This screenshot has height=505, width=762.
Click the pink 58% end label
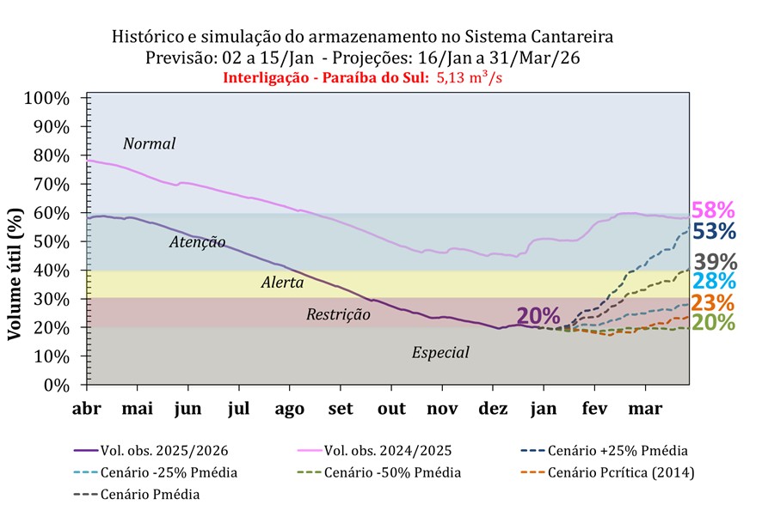pyautogui.click(x=714, y=210)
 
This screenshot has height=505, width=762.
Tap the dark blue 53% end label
pyautogui.click(x=714, y=231)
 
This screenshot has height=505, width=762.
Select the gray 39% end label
pyautogui.click(x=714, y=262)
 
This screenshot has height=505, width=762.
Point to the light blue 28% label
pyautogui.click(x=714, y=282)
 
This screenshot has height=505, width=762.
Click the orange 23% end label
pyautogui.click(x=714, y=302)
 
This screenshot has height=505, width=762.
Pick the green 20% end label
pyautogui.click(x=714, y=322)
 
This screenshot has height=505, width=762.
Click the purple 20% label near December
pyautogui.click(x=538, y=316)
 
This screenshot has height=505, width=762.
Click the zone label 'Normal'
pyautogui.click(x=149, y=143)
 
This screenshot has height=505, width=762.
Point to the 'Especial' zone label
pyautogui.click(x=440, y=352)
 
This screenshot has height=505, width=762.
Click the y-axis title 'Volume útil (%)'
pyautogui.click(x=15, y=272)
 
